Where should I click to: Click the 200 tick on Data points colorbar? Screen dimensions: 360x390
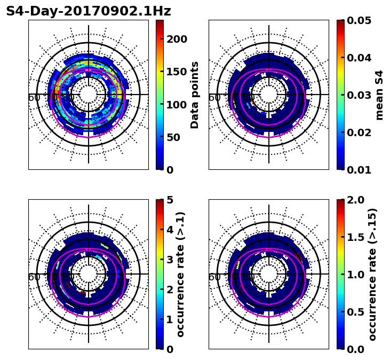[177, 39]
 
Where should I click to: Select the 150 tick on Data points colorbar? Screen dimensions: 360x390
[177, 72]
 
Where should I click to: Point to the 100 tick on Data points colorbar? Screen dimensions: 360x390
[177, 104]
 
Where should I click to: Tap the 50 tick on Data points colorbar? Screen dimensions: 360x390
[177, 137]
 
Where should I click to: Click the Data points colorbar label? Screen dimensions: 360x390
[195, 95]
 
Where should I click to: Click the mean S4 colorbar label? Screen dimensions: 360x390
[379, 95]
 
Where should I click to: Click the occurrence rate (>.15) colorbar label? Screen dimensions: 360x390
[372, 274]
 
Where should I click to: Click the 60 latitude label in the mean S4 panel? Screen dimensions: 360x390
[214, 97]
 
